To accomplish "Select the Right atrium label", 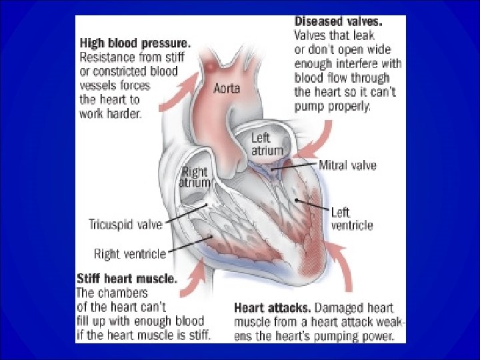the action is pos(194,177).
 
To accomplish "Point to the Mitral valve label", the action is pos(347,165).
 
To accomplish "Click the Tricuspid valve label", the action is pos(125,224).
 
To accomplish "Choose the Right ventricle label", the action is pos(129,253).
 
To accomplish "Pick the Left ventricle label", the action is pos(351,219).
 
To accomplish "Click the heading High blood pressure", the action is pos(135,42).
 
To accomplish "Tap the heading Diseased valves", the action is pos(339,21).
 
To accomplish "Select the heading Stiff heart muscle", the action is pos(127,278).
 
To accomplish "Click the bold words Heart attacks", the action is pos(272,308).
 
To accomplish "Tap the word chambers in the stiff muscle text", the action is pos(129,293).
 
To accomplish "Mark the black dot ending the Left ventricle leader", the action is pos(295,199).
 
